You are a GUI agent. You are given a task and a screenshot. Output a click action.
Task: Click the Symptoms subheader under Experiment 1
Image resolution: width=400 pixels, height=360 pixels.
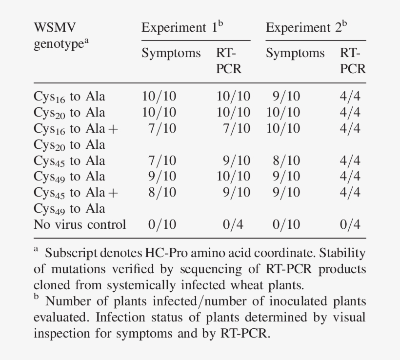tap(171, 53)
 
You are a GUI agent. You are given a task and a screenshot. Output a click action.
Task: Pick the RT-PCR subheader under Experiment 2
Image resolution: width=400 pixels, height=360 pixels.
tap(353, 60)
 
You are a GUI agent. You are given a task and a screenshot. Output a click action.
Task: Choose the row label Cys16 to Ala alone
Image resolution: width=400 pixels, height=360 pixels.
tap(69, 97)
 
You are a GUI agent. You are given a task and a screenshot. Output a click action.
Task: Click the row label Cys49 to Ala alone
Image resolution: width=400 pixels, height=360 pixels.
tap(69, 177)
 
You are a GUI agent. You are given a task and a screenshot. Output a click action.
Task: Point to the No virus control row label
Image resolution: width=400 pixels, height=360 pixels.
tap(80, 225)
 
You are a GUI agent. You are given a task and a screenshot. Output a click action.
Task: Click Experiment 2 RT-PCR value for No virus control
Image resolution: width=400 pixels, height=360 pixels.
tap(350, 225)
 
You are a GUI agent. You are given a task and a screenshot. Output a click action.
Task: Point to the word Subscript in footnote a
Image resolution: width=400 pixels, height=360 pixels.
tap(69, 253)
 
